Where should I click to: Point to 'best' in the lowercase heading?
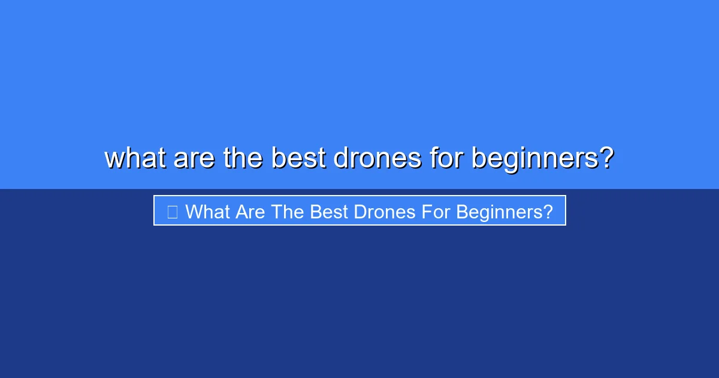(297, 158)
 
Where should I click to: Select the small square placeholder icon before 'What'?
(172, 211)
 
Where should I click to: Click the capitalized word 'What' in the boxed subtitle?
(207, 211)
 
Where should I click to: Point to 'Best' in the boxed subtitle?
(329, 211)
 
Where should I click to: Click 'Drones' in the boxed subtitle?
(384, 211)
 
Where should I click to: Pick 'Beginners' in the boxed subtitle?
(499, 212)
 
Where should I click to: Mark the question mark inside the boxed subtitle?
(548, 211)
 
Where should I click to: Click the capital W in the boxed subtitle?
(194, 211)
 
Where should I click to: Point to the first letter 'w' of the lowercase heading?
(114, 159)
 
